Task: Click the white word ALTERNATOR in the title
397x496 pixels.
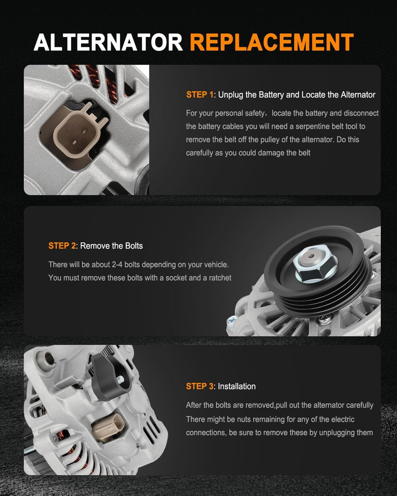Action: [108, 42]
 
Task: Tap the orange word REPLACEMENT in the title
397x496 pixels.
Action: [272, 42]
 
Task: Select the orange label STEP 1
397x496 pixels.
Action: [200, 95]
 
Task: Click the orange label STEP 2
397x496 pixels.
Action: [62, 246]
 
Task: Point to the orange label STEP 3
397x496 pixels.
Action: [200, 386]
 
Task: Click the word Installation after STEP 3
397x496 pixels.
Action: [237, 386]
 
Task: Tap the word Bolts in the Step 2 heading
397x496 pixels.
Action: [134, 246]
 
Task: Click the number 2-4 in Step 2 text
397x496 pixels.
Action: [117, 265]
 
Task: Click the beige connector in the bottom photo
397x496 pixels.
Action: [108, 427]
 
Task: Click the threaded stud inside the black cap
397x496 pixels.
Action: [120, 379]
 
